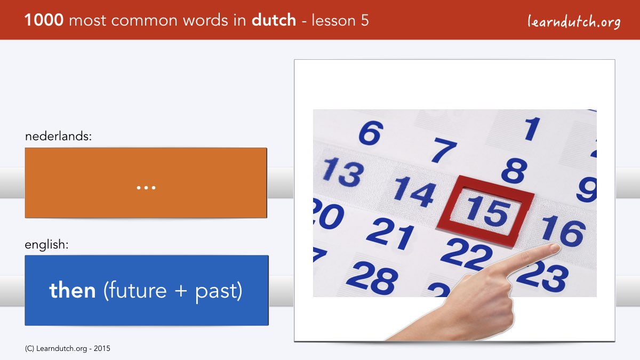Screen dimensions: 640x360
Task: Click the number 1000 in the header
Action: click(44, 20)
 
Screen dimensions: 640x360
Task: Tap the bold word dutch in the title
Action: click(274, 20)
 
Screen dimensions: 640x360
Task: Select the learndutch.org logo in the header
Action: click(574, 22)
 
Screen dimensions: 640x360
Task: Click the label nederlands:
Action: click(58, 136)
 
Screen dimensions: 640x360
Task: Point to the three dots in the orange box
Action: click(146, 188)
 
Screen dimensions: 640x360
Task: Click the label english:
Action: click(46, 245)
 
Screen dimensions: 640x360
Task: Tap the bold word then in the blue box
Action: click(73, 290)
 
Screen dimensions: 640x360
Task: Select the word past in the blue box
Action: click(217, 291)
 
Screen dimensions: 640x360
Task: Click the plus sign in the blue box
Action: click(181, 291)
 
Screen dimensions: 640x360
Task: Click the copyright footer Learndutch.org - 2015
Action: click(67, 349)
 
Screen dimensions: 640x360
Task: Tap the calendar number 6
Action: click(371, 133)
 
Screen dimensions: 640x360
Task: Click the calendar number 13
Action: click(343, 172)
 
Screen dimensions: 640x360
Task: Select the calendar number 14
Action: click(415, 191)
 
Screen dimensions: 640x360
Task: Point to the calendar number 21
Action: click(390, 233)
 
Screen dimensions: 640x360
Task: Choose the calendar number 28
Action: click(372, 278)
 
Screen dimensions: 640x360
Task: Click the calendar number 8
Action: click(514, 171)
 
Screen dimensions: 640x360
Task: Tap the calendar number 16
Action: click(563, 231)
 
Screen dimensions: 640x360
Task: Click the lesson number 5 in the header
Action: click(364, 21)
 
